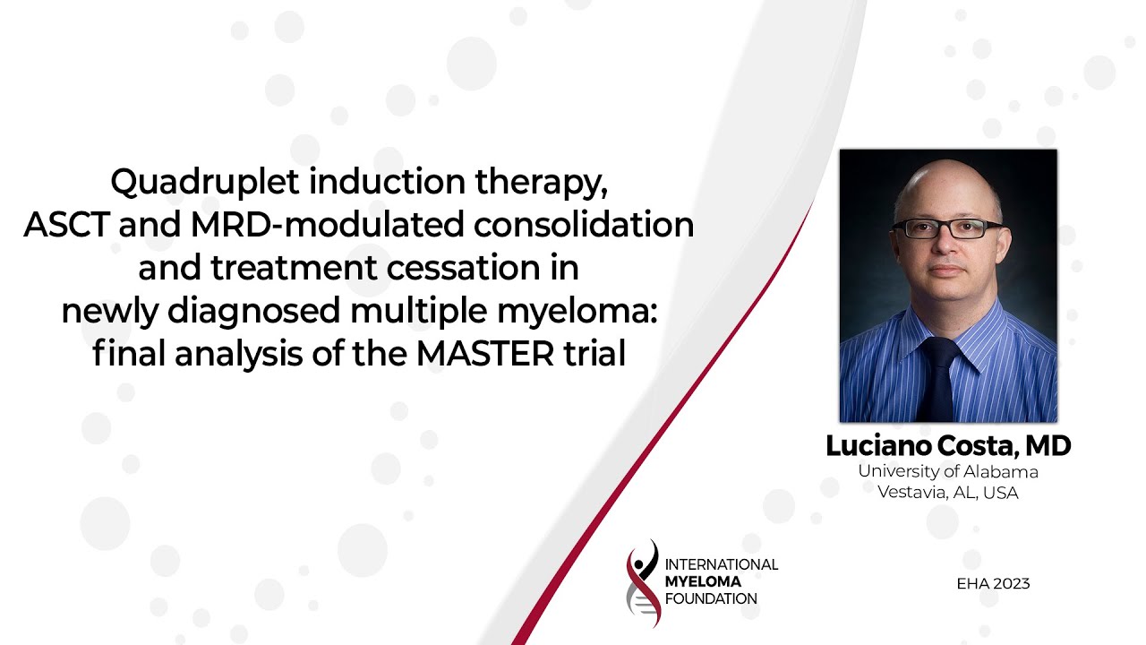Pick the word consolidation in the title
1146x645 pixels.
584,226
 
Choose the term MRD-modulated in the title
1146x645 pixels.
328,226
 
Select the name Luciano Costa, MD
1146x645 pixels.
948,445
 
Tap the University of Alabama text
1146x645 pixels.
948,471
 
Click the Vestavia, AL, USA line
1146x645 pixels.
948,492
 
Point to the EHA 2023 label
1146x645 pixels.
993,584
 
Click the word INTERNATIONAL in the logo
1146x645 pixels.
722,564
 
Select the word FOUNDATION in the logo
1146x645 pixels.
711,598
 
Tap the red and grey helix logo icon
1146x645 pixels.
643,582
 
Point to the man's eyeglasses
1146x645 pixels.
947,228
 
